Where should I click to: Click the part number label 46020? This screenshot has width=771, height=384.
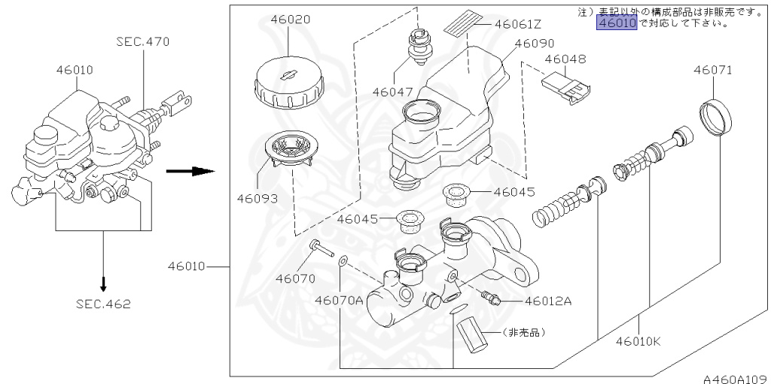pyautogui.click(x=280, y=20)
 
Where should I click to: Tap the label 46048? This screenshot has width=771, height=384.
pyautogui.click(x=565, y=59)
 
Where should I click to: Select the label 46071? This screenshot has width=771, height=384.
pyautogui.click(x=713, y=70)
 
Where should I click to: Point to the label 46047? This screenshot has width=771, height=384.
pyautogui.click(x=392, y=92)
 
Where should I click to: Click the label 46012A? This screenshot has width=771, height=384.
pyautogui.click(x=548, y=301)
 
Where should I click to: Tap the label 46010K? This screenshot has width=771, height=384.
pyautogui.click(x=637, y=340)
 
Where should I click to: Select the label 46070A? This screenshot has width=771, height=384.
pyautogui.click(x=339, y=300)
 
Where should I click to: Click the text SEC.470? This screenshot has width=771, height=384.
pyautogui.click(x=143, y=42)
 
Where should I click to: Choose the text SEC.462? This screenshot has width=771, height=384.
pyautogui.click(x=103, y=304)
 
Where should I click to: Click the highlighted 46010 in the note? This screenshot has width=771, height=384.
pyautogui.click(x=617, y=23)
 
